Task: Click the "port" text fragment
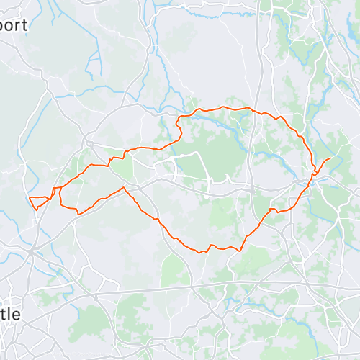13,25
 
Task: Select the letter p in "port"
4,27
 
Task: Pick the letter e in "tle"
17,315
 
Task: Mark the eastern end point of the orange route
330,158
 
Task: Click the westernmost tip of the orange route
28,197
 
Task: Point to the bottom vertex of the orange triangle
35,209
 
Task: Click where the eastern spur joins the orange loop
315,172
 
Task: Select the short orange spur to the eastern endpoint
323,163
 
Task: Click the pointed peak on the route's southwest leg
125,188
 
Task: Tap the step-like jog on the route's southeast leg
272,210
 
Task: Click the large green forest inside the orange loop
216,151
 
